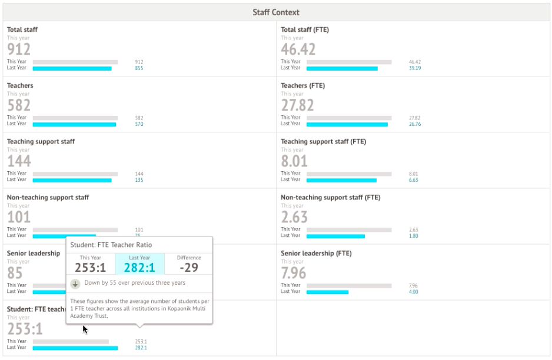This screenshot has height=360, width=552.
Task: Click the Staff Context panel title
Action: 276,12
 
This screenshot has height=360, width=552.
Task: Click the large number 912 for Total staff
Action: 19,49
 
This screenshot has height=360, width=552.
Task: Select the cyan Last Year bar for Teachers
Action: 74,124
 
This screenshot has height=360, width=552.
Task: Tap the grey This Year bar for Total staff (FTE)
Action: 349,62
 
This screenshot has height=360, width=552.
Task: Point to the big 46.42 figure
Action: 298,49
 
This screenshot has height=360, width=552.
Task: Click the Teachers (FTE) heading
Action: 302,86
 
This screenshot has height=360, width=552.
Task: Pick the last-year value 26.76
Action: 415,124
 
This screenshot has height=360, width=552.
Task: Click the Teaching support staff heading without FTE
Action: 41,142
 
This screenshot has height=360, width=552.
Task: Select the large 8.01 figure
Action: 294,161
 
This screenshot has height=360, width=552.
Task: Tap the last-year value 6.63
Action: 413,180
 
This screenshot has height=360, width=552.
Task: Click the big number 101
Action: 19,217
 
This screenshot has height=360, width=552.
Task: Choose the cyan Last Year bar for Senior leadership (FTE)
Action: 327,292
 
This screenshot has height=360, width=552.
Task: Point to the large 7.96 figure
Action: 294,273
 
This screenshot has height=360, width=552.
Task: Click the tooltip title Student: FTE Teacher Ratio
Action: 107,245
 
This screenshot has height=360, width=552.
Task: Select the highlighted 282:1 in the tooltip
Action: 139,268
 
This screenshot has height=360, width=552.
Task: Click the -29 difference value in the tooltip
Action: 188,268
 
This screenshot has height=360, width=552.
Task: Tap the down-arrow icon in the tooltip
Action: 75,284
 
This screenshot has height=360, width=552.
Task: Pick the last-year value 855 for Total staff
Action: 139,68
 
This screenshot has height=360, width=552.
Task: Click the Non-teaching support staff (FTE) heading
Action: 330,198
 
